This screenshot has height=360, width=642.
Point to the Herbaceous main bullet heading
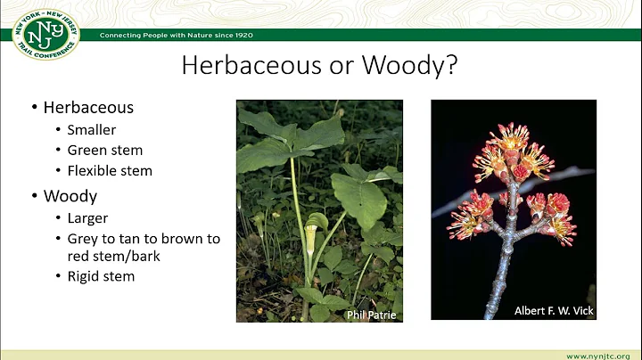(88, 107)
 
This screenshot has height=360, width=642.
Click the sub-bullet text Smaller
(92, 130)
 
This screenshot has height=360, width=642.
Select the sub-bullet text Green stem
(104, 150)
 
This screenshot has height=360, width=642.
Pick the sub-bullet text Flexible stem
(110, 170)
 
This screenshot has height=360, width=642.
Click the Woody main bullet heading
(70, 194)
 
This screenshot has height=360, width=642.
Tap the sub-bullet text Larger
(87, 218)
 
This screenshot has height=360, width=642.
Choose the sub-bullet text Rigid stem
(101, 276)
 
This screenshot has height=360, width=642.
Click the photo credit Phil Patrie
(370, 314)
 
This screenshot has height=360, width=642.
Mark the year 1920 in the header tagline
(242, 35)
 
